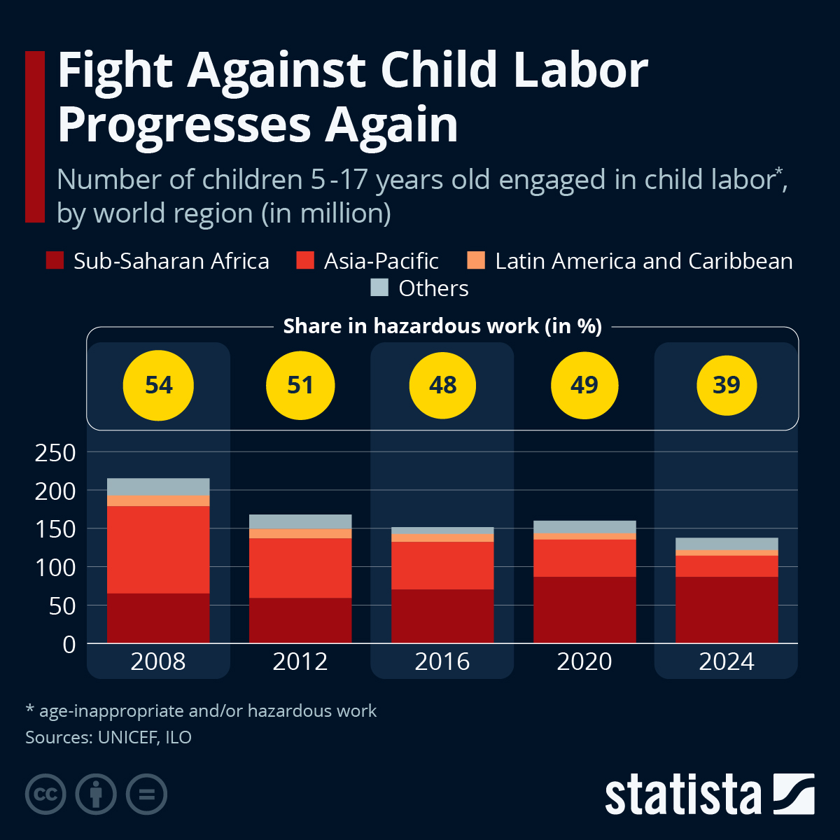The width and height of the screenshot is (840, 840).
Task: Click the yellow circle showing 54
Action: pos(158,386)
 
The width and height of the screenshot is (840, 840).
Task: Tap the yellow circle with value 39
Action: pos(727,385)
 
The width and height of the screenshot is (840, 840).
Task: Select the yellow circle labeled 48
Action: pos(442,385)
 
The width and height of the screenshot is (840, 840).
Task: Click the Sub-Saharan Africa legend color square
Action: pos(55,261)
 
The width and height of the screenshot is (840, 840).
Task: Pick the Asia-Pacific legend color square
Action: pos(305,261)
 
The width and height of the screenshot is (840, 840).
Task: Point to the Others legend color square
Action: pos(379,288)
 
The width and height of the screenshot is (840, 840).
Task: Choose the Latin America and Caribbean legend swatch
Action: pos(476,261)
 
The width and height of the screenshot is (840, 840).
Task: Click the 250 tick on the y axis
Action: pos(55,453)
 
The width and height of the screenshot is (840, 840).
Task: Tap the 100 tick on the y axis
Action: pos(55,568)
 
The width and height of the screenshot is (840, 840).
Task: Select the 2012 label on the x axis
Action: pos(300,661)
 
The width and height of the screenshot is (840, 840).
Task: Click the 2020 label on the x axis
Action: pos(584,661)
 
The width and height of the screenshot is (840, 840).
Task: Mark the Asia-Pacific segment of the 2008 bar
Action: pos(158,549)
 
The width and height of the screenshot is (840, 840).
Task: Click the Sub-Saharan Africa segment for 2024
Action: pos(727,610)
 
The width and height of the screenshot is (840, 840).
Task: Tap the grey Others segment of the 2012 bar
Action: pos(300,521)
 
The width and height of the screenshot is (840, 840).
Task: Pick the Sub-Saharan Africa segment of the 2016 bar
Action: pos(442,616)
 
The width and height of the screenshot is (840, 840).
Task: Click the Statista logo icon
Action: pos(794,794)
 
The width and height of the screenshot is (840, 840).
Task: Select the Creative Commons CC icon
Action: pos(45,794)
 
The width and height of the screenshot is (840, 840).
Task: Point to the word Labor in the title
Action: pos(580,70)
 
